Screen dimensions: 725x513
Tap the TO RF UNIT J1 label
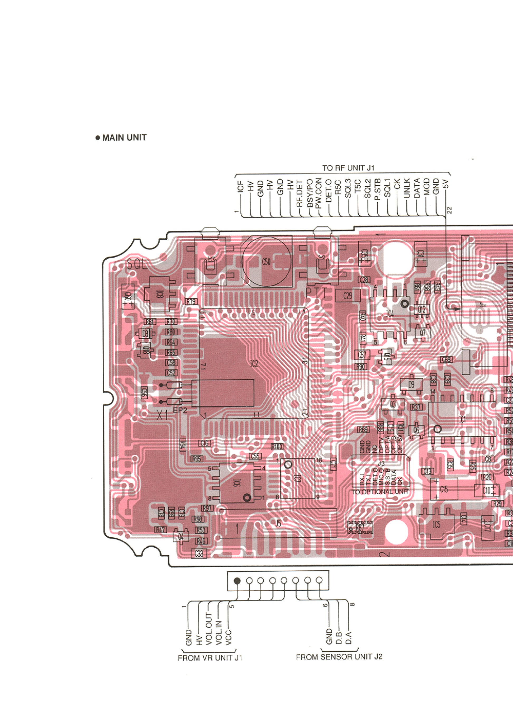click(x=348, y=168)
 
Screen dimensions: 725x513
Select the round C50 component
click(x=266, y=262)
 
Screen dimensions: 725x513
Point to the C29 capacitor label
click(x=348, y=296)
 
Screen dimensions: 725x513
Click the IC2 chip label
click(x=254, y=364)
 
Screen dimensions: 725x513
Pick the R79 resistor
click(x=191, y=301)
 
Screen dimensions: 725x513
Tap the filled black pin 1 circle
click(x=237, y=581)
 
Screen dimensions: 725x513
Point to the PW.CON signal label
click(x=319, y=194)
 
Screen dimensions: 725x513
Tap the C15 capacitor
click(x=444, y=489)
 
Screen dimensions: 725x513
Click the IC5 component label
click(x=436, y=524)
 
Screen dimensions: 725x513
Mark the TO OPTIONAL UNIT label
click(x=380, y=492)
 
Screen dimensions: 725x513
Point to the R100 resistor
click(x=277, y=447)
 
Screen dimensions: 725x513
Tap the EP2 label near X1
click(x=180, y=410)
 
